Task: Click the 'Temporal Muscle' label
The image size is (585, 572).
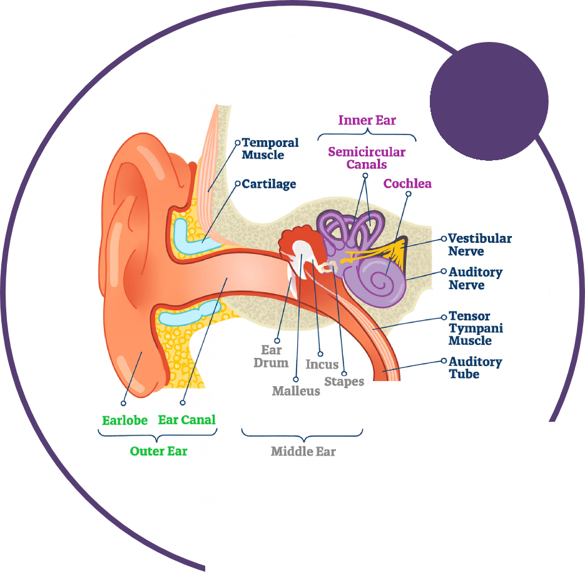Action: coord(270,149)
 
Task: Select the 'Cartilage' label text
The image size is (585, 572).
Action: coord(269,184)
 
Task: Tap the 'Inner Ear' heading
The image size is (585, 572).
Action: coord(367,120)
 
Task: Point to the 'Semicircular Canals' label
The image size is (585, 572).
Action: coord(367,158)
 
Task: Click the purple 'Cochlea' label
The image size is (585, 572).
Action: coord(407,183)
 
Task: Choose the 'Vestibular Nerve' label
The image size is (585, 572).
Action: coord(480,245)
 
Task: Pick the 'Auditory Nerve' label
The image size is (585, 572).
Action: coord(476,278)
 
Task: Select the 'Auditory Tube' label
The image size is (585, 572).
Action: coord(476,368)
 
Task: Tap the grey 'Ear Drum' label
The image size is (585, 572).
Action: coord(271,356)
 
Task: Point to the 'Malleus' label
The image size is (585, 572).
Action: coord(296,391)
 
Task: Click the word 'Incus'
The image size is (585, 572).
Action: coord(322,364)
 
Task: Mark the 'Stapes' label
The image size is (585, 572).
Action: coord(344,381)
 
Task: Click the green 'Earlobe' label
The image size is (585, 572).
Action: coord(125,420)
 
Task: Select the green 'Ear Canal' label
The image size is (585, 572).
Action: coord(186,420)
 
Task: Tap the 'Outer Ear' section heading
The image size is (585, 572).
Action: coord(158,451)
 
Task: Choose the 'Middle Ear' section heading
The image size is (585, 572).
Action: coord(303,451)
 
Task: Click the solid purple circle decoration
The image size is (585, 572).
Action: coord(489,102)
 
